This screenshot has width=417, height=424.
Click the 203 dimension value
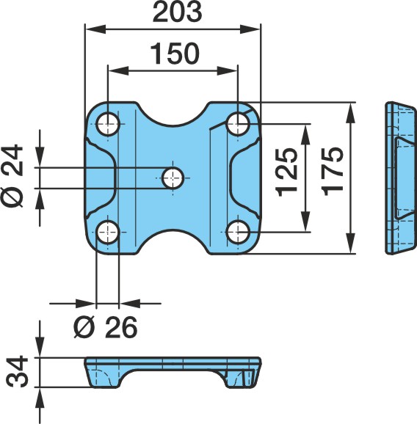click(x=177, y=12)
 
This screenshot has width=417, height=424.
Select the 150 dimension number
click(x=175, y=54)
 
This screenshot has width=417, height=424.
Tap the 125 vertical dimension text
click(x=287, y=172)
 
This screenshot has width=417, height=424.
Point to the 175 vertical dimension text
click(x=333, y=172)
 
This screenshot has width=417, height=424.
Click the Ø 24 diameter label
click(x=12, y=176)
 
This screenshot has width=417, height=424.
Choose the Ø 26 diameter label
click(x=106, y=327)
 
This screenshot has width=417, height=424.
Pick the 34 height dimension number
click(x=18, y=372)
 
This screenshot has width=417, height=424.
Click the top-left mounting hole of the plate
click(x=108, y=125)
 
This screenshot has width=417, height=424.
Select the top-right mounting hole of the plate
click(x=238, y=124)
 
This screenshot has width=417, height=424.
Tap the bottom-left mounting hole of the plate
click(x=108, y=233)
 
